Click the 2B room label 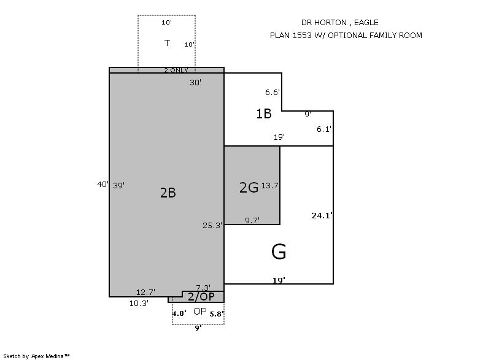[168, 193]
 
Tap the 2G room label [249, 187]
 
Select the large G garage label [279, 252]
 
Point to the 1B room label [264, 113]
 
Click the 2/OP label [201, 296]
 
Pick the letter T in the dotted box [167, 43]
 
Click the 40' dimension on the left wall [102, 184]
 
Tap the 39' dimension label [118, 185]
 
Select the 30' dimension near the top [195, 83]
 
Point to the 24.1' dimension [322, 215]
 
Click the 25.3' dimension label [212, 225]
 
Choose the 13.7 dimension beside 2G [269, 185]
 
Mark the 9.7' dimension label [252, 221]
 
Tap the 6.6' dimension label [273, 92]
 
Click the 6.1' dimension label [324, 129]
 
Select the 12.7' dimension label [145, 292]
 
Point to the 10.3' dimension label [139, 303]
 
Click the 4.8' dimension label [179, 313]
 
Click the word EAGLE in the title [366, 23]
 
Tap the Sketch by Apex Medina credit [36, 356]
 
